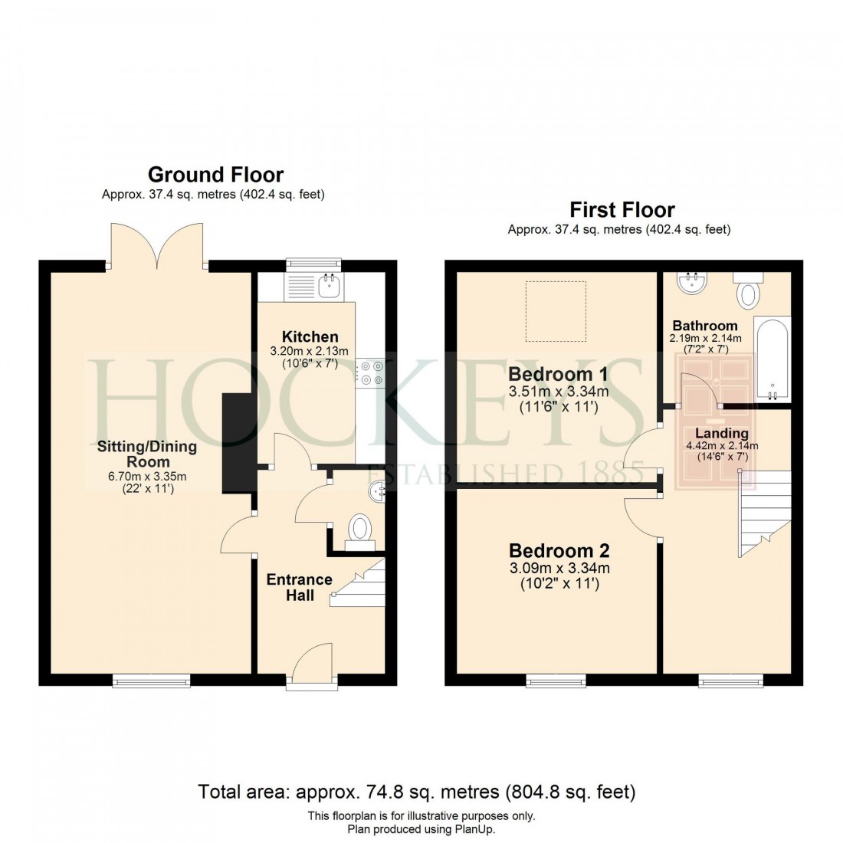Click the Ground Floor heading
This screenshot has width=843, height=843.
pyautogui.click(x=215, y=175)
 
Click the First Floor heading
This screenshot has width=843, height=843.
pyautogui.click(x=622, y=210)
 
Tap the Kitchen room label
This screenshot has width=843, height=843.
pyautogui.click(x=310, y=337)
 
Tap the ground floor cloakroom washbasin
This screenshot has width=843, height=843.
pyautogui.click(x=376, y=490)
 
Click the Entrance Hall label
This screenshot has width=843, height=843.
pyautogui.click(x=300, y=587)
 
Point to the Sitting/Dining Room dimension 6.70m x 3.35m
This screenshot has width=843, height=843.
pyautogui.click(x=146, y=476)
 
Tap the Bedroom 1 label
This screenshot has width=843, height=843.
pyautogui.click(x=558, y=375)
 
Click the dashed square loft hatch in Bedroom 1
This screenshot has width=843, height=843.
pyautogui.click(x=556, y=311)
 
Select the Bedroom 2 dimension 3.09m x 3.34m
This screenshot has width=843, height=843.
pyautogui.click(x=559, y=568)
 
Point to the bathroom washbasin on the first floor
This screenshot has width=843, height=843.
pyautogui.click(x=694, y=283)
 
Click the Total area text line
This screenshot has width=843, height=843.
pyautogui.click(x=417, y=791)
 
